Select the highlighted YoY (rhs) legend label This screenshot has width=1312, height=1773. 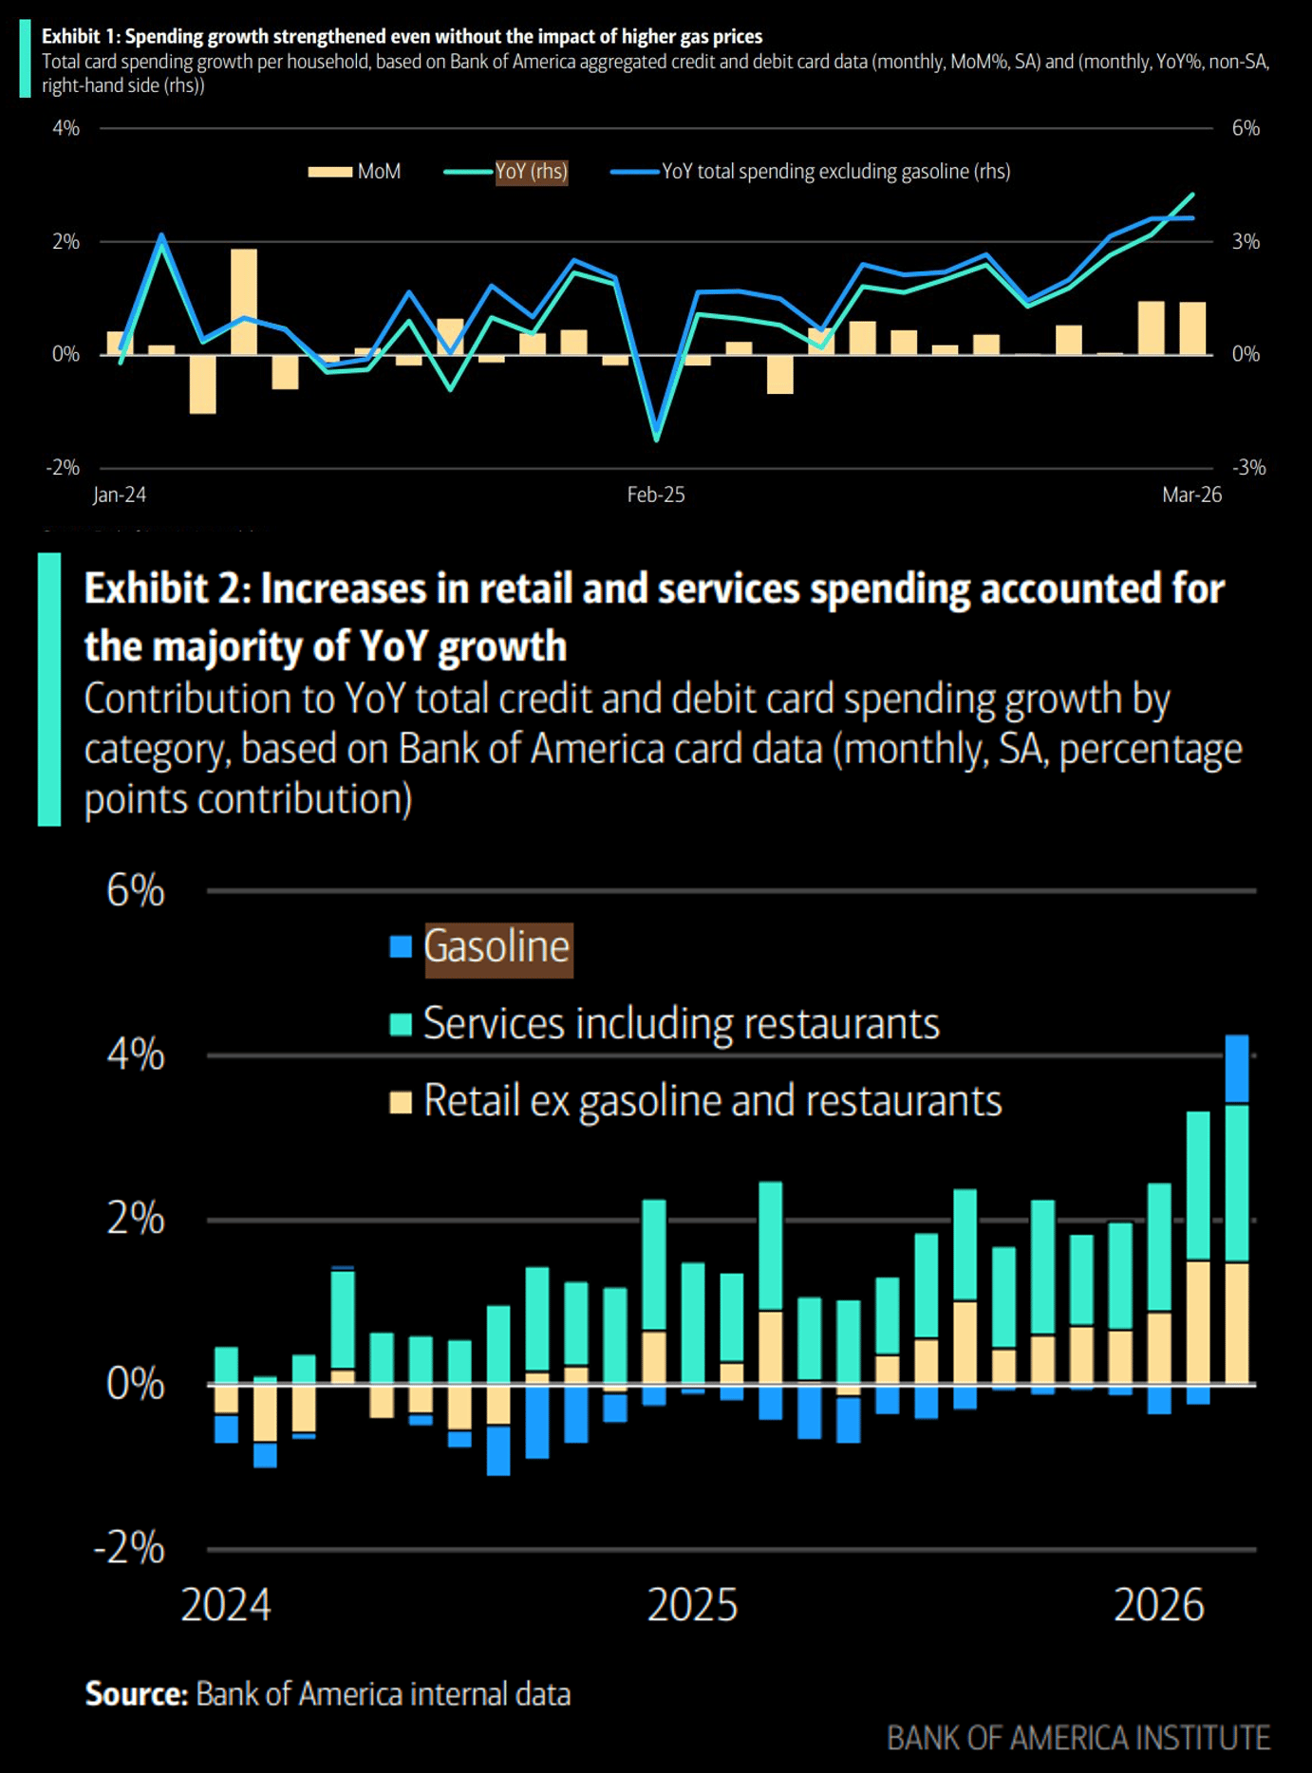531,172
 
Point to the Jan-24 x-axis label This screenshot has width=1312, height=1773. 120,495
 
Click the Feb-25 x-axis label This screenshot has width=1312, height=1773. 655,495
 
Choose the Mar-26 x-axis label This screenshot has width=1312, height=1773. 1191,495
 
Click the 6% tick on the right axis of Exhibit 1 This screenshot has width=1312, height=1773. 1246,128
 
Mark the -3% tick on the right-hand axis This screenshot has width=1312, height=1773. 1248,468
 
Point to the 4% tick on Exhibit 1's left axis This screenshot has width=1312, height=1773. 66,128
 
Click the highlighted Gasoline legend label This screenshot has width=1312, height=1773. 497,948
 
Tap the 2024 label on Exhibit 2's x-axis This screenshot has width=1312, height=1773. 226,1605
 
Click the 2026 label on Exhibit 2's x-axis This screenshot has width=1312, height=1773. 1158,1605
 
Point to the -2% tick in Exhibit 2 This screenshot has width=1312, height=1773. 130,1548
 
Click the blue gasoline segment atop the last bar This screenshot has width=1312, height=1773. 1237,1069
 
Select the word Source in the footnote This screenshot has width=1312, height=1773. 136,1694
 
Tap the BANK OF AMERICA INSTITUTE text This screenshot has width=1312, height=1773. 1078,1738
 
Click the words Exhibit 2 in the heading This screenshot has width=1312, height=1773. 167,589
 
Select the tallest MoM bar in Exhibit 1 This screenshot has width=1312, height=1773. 244,302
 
